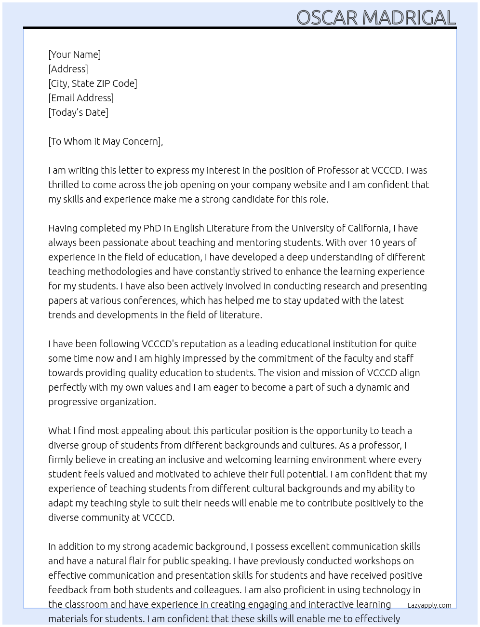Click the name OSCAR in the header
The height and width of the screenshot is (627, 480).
click(x=327, y=18)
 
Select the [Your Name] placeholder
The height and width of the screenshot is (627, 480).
click(x=74, y=55)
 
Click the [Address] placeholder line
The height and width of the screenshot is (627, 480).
click(x=68, y=69)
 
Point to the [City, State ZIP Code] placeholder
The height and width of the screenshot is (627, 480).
click(x=93, y=83)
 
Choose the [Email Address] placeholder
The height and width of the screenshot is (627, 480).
click(x=81, y=98)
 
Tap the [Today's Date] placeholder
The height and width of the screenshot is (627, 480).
click(x=78, y=112)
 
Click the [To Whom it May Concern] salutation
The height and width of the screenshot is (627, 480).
click(x=106, y=141)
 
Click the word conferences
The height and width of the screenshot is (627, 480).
click(x=150, y=300)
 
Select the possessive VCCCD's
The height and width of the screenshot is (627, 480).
click(x=161, y=344)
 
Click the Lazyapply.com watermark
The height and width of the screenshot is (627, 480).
click(x=429, y=605)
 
